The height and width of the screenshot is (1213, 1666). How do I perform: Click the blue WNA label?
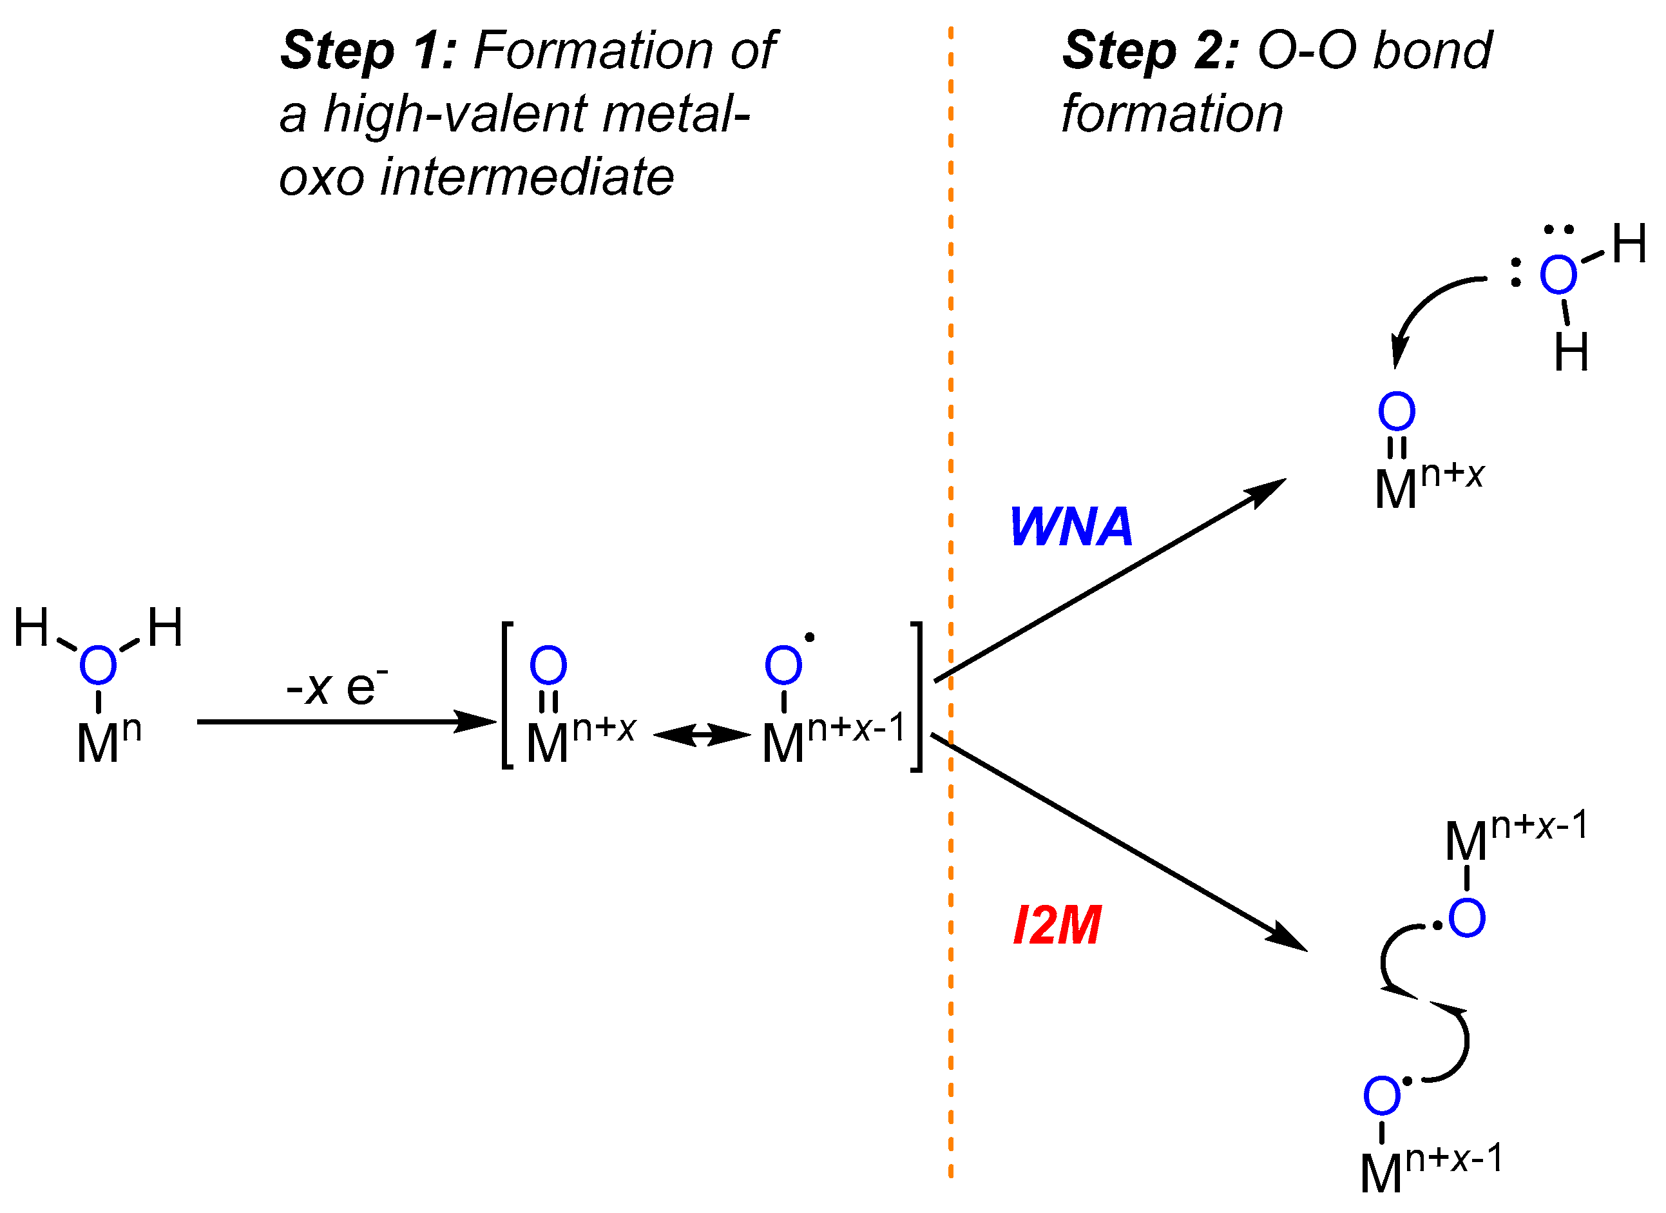point(1070,527)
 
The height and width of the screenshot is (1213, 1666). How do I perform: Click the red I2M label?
point(1057,925)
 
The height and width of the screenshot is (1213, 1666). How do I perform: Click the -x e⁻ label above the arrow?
point(336,686)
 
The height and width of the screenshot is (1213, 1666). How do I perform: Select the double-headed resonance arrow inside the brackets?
point(702,734)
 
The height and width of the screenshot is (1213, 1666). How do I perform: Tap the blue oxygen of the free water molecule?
point(1558,275)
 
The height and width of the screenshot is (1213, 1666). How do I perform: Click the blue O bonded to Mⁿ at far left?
point(98,665)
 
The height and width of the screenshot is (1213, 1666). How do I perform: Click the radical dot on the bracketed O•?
point(810,637)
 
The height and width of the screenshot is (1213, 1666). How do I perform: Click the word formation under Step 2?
point(1173,114)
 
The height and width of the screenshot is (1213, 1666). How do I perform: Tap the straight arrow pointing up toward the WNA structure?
point(1109,581)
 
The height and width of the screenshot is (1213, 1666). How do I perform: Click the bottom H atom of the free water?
point(1571,352)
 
